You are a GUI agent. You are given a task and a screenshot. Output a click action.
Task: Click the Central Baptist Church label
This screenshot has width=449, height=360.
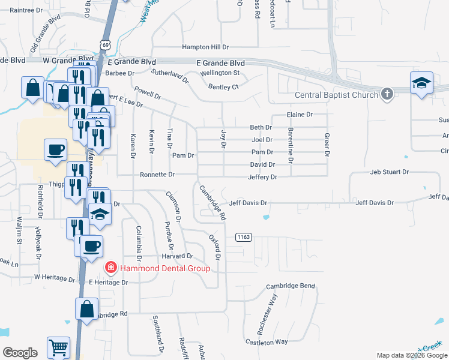336,95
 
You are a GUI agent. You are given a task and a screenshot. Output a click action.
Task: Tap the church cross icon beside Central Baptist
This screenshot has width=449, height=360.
387,94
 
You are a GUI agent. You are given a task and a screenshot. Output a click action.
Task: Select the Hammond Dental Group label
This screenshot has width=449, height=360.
165,268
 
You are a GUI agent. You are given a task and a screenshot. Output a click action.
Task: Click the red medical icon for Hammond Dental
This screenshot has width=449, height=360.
110,268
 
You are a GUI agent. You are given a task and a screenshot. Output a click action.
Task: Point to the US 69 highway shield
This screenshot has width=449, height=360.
106,45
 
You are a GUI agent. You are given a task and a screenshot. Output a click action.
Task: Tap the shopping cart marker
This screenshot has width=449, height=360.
58,347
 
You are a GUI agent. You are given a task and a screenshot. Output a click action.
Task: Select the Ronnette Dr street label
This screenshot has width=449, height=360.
157,175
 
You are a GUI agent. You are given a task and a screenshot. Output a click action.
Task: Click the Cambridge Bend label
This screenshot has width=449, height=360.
291,286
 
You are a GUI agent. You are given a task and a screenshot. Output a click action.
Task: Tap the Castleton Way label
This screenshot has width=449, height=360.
267,341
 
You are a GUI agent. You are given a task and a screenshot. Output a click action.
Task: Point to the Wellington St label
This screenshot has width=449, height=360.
220,73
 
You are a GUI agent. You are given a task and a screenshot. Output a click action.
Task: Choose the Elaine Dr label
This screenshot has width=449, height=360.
300,114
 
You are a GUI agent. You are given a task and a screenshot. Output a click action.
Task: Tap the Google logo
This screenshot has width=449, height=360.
20,353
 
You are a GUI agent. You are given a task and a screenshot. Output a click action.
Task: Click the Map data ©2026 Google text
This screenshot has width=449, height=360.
411,355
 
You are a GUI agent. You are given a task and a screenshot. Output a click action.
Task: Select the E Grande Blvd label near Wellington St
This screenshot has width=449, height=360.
221,62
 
